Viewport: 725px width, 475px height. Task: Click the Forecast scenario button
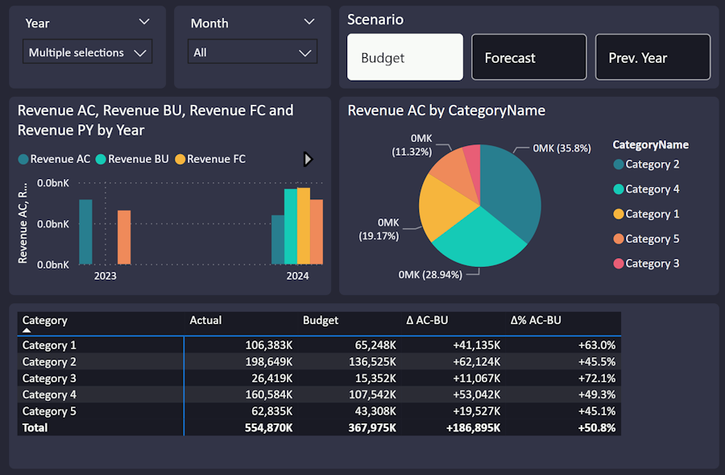point(529,57)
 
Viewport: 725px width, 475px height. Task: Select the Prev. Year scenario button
point(652,57)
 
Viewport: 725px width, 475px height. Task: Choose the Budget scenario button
point(405,57)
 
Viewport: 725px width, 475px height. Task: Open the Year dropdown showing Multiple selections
point(87,52)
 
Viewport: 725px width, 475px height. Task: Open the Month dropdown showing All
point(252,52)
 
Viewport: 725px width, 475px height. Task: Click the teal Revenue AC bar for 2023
point(85,232)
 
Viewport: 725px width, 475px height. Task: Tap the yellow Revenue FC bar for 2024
point(304,226)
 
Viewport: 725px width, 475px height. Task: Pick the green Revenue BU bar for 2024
point(290,227)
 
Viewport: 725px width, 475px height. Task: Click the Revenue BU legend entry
point(132,159)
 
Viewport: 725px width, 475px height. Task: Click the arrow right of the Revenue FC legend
point(308,159)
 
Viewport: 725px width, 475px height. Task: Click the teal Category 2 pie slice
point(511,190)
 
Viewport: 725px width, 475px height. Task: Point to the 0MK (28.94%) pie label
point(430,274)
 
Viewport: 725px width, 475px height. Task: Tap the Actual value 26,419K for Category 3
point(272,378)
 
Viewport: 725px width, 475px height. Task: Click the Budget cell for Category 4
point(372,395)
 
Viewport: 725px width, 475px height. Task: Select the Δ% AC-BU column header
point(536,320)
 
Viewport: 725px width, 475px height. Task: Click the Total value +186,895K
point(473,427)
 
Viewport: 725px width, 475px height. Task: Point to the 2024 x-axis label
point(297,276)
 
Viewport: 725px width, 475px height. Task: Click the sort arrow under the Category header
point(27,330)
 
